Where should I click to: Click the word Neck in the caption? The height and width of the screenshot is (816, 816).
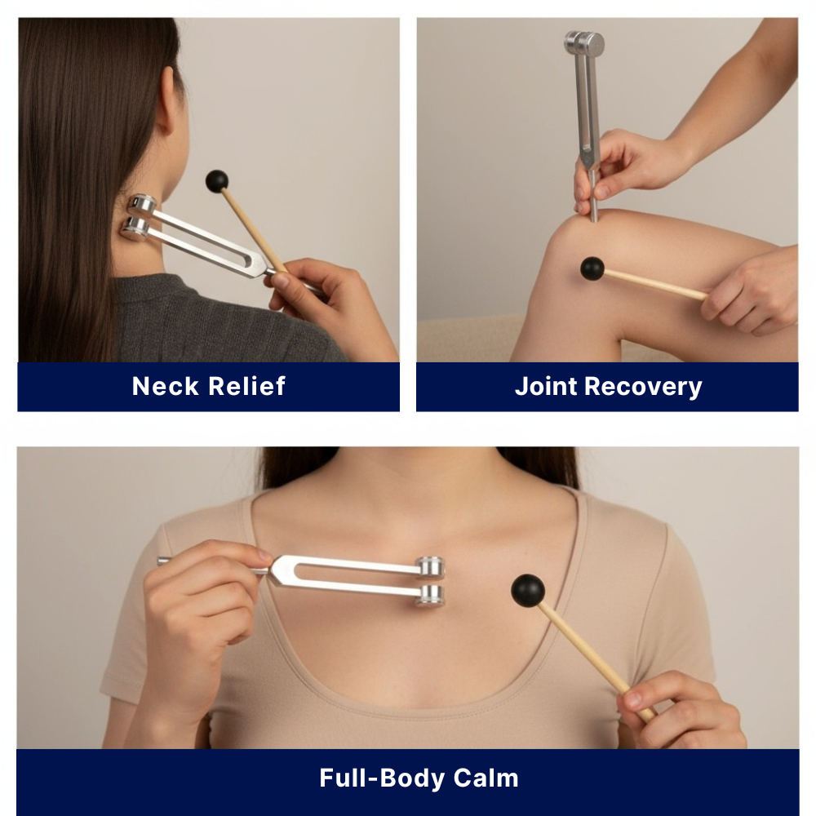165,386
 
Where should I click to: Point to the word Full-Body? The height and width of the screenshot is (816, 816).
375,778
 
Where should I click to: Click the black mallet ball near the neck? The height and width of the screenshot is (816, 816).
216,181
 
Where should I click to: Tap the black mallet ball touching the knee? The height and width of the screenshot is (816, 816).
592,268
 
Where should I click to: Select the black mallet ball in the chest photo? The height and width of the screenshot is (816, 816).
528,590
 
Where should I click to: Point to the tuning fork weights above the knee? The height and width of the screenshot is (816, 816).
584,43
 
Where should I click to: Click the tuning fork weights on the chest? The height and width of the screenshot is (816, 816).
430,581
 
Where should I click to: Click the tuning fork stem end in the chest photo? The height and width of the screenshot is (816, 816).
163,561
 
